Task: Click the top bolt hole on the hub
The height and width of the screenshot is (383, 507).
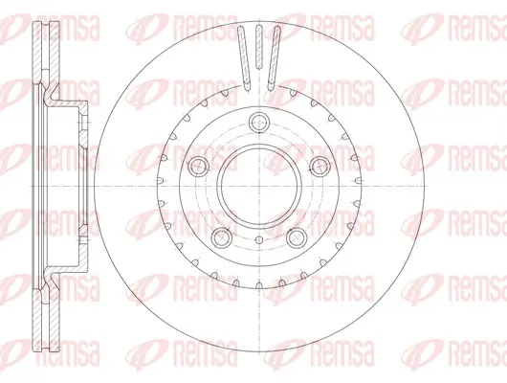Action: [x=259, y=122]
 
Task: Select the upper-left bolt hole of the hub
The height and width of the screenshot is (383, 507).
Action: [x=198, y=167]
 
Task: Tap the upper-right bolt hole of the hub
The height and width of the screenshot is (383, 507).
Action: [x=320, y=167]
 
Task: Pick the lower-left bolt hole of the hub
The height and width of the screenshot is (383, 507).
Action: [x=222, y=238]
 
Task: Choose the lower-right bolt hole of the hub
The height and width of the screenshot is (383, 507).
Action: [x=297, y=238]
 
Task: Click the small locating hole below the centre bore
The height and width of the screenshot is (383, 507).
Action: [x=259, y=240]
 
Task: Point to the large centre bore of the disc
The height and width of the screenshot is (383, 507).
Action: [x=259, y=187]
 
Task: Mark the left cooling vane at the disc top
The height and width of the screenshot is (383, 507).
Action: [x=244, y=57]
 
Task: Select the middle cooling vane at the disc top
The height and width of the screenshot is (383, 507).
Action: [x=259, y=46]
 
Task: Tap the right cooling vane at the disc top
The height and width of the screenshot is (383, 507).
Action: [x=275, y=57]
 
